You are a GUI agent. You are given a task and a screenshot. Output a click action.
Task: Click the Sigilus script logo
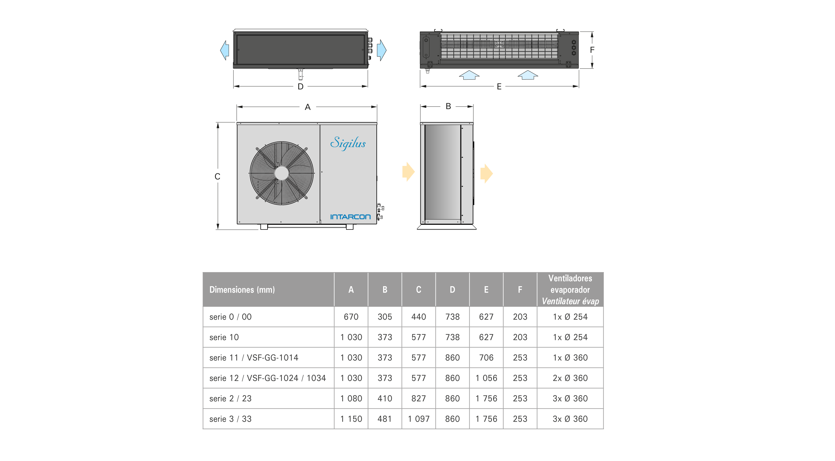(x=348, y=143)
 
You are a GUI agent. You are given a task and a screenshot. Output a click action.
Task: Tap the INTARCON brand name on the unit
(x=350, y=217)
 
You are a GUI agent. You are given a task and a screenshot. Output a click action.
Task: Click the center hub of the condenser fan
(x=281, y=173)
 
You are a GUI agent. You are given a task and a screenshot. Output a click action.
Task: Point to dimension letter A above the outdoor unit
(x=308, y=107)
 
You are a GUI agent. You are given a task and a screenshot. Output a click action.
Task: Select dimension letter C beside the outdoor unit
(x=218, y=176)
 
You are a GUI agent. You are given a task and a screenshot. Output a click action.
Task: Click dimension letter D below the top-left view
(x=300, y=86)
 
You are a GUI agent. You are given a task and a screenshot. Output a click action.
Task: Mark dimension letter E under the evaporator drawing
(x=499, y=86)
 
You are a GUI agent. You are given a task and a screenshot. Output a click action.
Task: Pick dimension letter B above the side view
(x=448, y=106)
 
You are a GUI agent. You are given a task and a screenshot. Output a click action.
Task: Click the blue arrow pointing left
(x=224, y=50)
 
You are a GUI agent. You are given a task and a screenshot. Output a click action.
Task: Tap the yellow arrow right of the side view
(x=486, y=173)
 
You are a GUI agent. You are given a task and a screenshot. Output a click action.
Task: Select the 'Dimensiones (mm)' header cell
(x=242, y=290)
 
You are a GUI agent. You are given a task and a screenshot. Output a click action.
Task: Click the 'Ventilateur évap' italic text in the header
(x=570, y=301)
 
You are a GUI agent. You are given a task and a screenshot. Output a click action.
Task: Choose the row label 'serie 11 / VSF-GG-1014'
(x=254, y=358)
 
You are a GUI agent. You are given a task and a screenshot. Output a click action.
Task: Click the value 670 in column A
(x=351, y=317)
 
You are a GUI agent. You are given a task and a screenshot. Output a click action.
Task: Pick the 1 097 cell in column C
(x=418, y=419)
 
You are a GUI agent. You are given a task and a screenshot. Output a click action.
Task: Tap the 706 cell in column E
(x=486, y=358)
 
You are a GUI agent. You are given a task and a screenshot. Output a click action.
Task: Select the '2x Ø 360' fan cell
(x=570, y=378)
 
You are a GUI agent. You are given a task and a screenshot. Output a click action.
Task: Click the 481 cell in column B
(x=385, y=419)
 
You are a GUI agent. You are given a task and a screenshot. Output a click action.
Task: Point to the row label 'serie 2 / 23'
(x=231, y=398)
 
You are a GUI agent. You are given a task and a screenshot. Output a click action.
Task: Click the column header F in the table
(x=520, y=290)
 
